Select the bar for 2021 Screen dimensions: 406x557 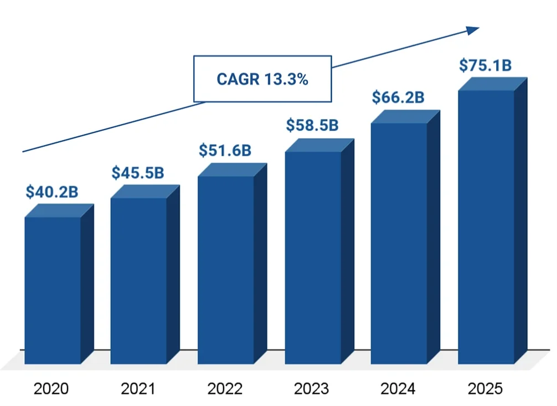tap(138, 280)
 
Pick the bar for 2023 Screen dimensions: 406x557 tap(313, 257)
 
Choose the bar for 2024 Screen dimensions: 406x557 tap(399, 243)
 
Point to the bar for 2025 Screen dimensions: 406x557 tap(486, 227)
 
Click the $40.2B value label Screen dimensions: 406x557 tap(51, 192)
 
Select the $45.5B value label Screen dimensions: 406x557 tap(138, 172)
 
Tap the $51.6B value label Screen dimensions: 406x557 tap(225, 150)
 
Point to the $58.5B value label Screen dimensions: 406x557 tap(312, 125)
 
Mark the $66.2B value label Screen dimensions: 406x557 tap(398, 97)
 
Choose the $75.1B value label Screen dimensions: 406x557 tap(485, 65)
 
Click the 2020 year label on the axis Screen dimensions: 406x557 tap(51, 389)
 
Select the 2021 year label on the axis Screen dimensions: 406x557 tap(138, 389)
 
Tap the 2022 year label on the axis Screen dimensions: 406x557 tap(225, 389)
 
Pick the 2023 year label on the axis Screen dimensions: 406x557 tap(311, 389)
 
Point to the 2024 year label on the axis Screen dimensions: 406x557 tap(398, 389)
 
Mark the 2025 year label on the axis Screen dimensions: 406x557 tap(485, 389)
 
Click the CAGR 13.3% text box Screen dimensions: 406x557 tap(262, 79)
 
